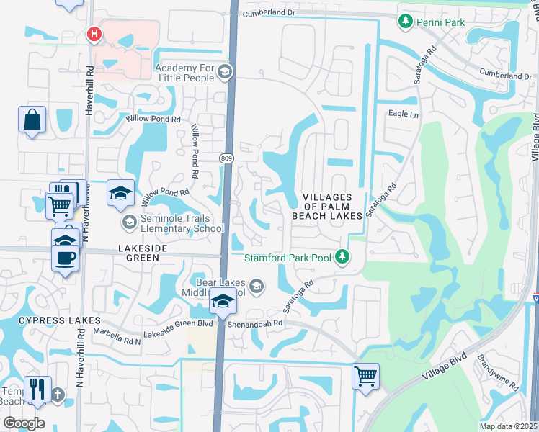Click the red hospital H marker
93,33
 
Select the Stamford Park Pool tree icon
344,256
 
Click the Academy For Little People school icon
225,71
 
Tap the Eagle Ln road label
403,114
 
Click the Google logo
24,423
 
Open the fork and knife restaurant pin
36,390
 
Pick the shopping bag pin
32,120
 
